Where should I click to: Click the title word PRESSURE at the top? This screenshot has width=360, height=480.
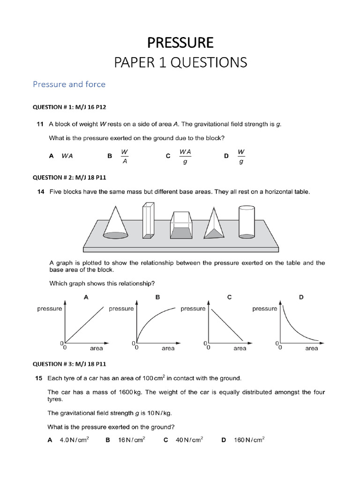[x=180, y=43]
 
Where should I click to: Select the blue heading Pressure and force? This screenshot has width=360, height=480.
[x=69, y=84]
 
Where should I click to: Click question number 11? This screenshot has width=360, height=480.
[x=40, y=124]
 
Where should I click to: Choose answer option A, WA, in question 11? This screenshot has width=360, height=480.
[x=67, y=157]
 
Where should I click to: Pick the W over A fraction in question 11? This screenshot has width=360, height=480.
[x=124, y=157]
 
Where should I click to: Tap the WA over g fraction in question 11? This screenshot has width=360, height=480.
[x=185, y=157]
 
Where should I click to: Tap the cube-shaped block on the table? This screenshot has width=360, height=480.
[x=181, y=225]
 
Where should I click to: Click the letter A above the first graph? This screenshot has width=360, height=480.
[x=86, y=297]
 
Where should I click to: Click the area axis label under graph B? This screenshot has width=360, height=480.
[x=168, y=348]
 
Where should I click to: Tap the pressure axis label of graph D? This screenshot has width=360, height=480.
[x=265, y=308]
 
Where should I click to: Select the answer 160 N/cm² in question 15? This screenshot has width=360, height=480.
[x=249, y=440]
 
